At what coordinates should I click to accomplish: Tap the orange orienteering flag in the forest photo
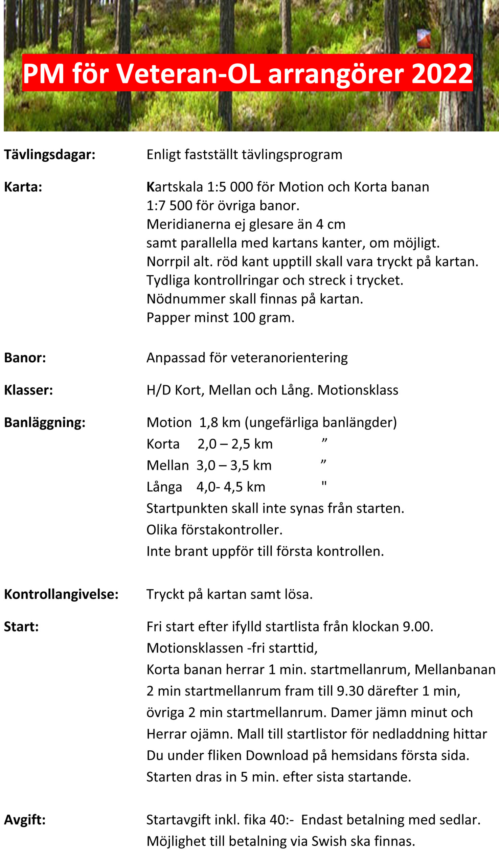tap(424, 38)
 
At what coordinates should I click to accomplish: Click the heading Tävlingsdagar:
tap(50, 155)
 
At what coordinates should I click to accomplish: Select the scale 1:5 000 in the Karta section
tap(230, 187)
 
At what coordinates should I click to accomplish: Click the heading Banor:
tap(25, 358)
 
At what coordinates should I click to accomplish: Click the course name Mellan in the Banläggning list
tap(167, 466)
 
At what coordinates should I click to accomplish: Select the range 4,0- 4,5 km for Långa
tap(231, 487)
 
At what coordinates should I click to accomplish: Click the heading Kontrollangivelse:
tap(61, 594)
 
